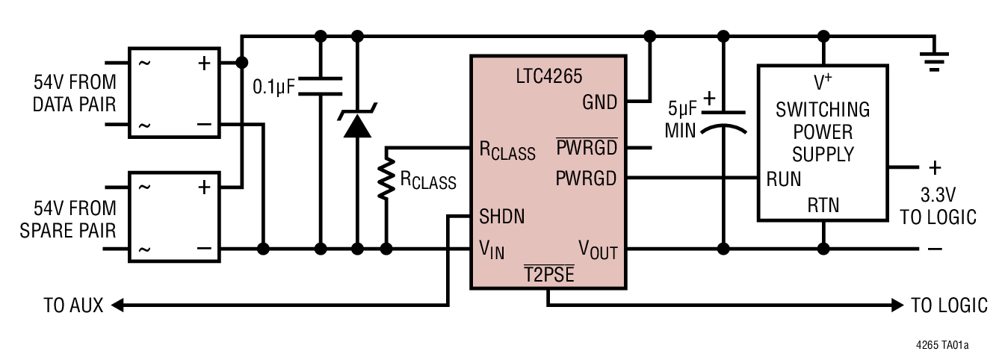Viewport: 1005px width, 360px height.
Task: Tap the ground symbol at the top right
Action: (933, 59)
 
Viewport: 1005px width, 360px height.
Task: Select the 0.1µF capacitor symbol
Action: (321, 86)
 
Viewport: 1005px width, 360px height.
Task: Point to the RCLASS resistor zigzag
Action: (386, 179)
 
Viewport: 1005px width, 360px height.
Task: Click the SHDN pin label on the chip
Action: (501, 217)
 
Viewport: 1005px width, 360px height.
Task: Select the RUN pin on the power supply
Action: (784, 179)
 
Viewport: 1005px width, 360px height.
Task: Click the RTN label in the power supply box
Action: (823, 205)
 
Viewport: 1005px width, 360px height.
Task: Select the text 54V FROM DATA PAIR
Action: (75, 93)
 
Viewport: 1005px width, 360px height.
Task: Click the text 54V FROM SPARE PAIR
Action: (75, 218)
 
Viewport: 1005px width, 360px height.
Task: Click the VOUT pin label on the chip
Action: (598, 250)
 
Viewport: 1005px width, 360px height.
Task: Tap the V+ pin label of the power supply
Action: (823, 81)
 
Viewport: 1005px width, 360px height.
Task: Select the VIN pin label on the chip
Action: (492, 250)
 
